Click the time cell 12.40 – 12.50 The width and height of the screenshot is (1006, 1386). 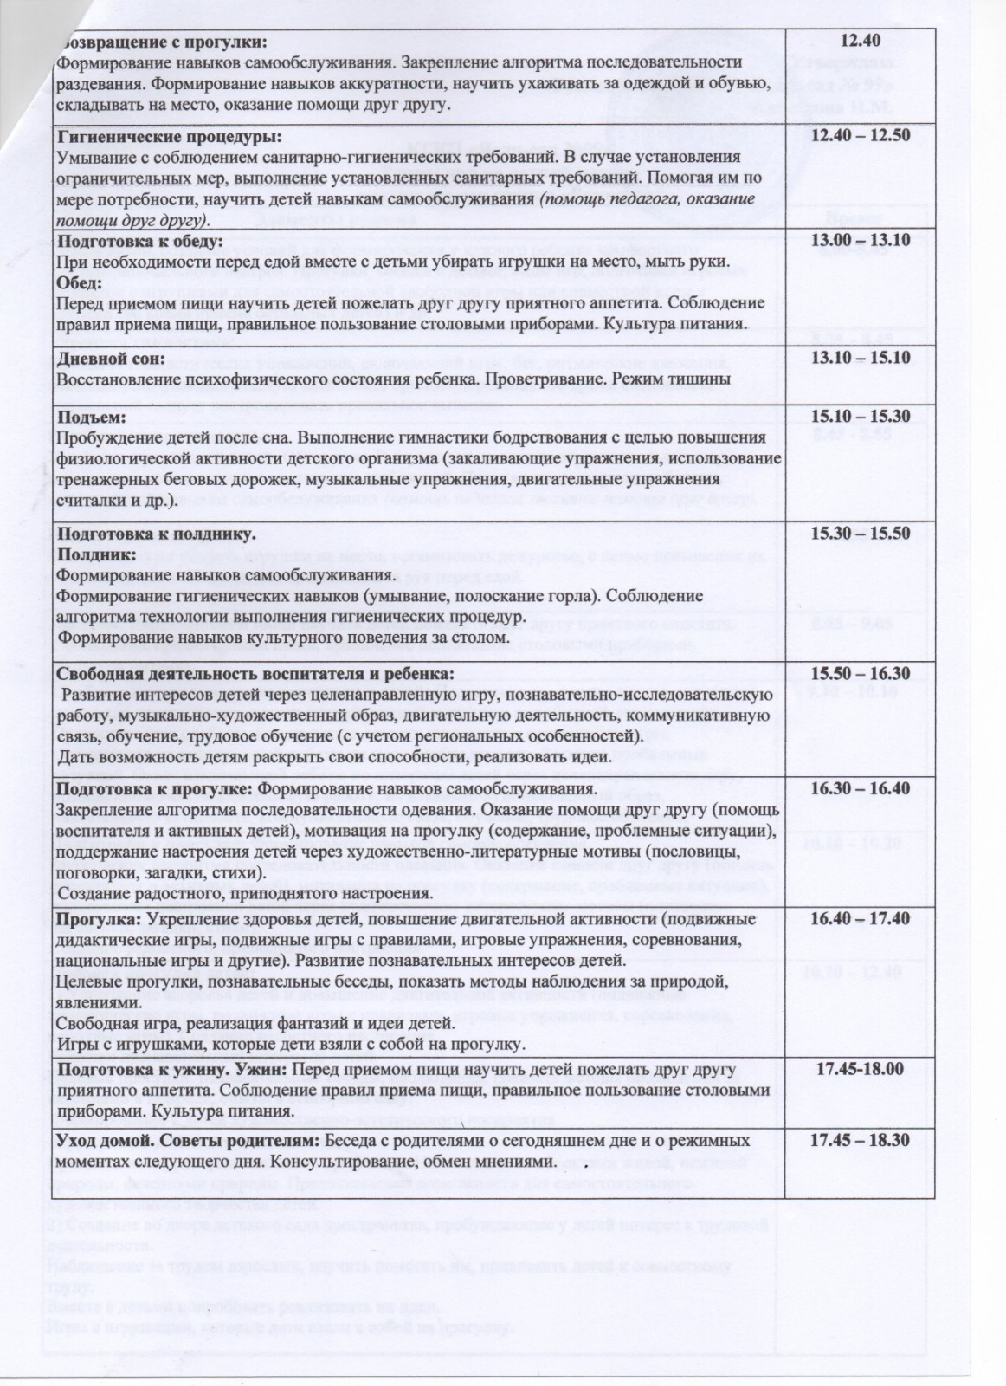point(861,138)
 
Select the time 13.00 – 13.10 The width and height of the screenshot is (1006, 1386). point(861,240)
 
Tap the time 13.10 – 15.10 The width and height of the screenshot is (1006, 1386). point(861,357)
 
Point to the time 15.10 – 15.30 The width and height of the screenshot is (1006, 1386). point(861,416)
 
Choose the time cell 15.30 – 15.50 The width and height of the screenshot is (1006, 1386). point(861,533)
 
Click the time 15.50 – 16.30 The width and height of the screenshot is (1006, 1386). point(861,673)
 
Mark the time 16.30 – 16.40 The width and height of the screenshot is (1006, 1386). point(861,788)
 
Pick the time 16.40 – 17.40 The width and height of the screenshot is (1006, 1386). point(861,918)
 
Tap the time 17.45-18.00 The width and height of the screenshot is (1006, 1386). point(861,1069)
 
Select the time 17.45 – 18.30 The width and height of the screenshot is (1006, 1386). point(861,1140)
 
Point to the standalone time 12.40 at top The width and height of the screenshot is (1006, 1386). point(861,41)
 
